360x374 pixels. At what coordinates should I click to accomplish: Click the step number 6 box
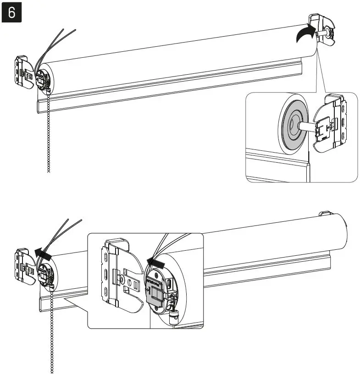12,12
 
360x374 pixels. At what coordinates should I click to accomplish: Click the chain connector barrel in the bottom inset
173,316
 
